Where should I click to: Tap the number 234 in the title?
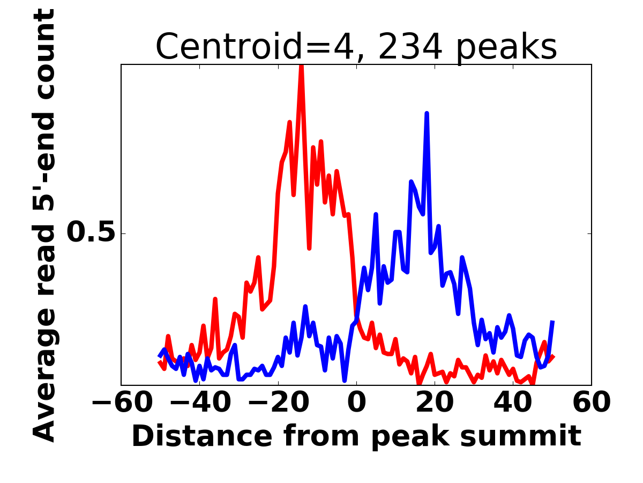410,47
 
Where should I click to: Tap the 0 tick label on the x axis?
356,403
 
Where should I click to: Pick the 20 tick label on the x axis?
435,403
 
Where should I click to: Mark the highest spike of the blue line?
427,114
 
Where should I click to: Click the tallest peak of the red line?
301,66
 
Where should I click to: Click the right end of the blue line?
552,321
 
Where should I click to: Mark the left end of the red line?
159,363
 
